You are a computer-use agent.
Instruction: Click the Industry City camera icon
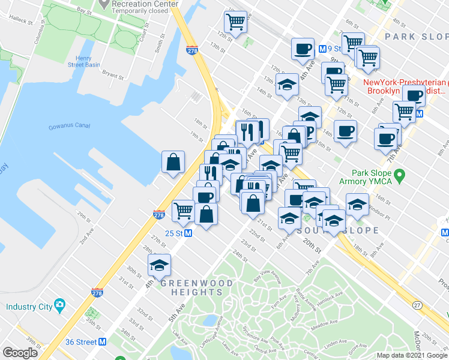[59, 305]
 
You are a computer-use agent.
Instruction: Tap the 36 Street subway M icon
[102, 342]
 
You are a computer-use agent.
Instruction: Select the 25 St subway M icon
[188, 233]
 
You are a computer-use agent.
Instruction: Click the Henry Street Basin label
[83, 61]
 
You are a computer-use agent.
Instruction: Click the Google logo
[20, 353]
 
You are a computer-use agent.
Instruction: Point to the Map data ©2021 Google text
[412, 355]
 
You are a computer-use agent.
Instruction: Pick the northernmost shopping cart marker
[235, 22]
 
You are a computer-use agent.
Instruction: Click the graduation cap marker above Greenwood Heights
[160, 265]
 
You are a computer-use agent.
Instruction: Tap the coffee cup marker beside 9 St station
[303, 48]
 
